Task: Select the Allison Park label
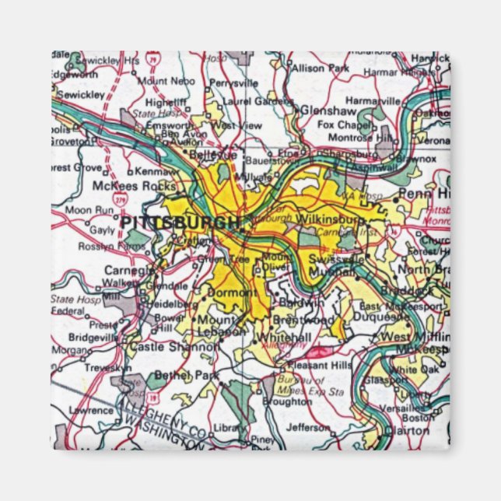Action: [x=321, y=68]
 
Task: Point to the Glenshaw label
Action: [x=327, y=110]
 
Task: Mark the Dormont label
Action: [x=231, y=293]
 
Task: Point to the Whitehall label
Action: [x=285, y=336]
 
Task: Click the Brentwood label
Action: [x=303, y=320]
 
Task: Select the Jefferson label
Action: [x=307, y=426]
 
